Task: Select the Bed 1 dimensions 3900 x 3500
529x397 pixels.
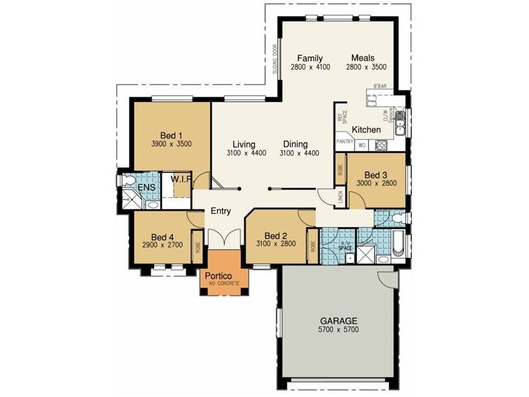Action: (171, 144)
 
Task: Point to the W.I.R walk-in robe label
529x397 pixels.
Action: (181, 179)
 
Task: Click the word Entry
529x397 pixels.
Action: (220, 211)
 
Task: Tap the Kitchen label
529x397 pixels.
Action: (366, 129)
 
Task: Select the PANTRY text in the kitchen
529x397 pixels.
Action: (345, 142)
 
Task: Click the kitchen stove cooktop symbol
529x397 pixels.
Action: (380, 145)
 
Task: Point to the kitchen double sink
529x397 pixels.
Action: (401, 126)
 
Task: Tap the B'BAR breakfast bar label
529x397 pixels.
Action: (380, 87)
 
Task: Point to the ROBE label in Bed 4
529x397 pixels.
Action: (198, 247)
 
